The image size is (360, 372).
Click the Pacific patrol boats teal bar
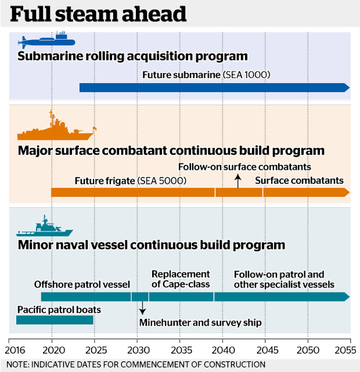pyautogui.click(x=55, y=320)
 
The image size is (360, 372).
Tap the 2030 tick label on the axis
pyautogui.click(x=137, y=350)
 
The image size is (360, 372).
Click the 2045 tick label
pyautogui.click(x=265, y=350)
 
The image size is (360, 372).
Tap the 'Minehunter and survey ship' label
pyautogui.click(x=200, y=323)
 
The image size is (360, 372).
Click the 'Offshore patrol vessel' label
pyautogui.click(x=82, y=285)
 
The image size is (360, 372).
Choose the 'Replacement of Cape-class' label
pyautogui.click(x=181, y=280)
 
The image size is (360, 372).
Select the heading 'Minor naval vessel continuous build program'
pyautogui.click(x=151, y=245)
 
